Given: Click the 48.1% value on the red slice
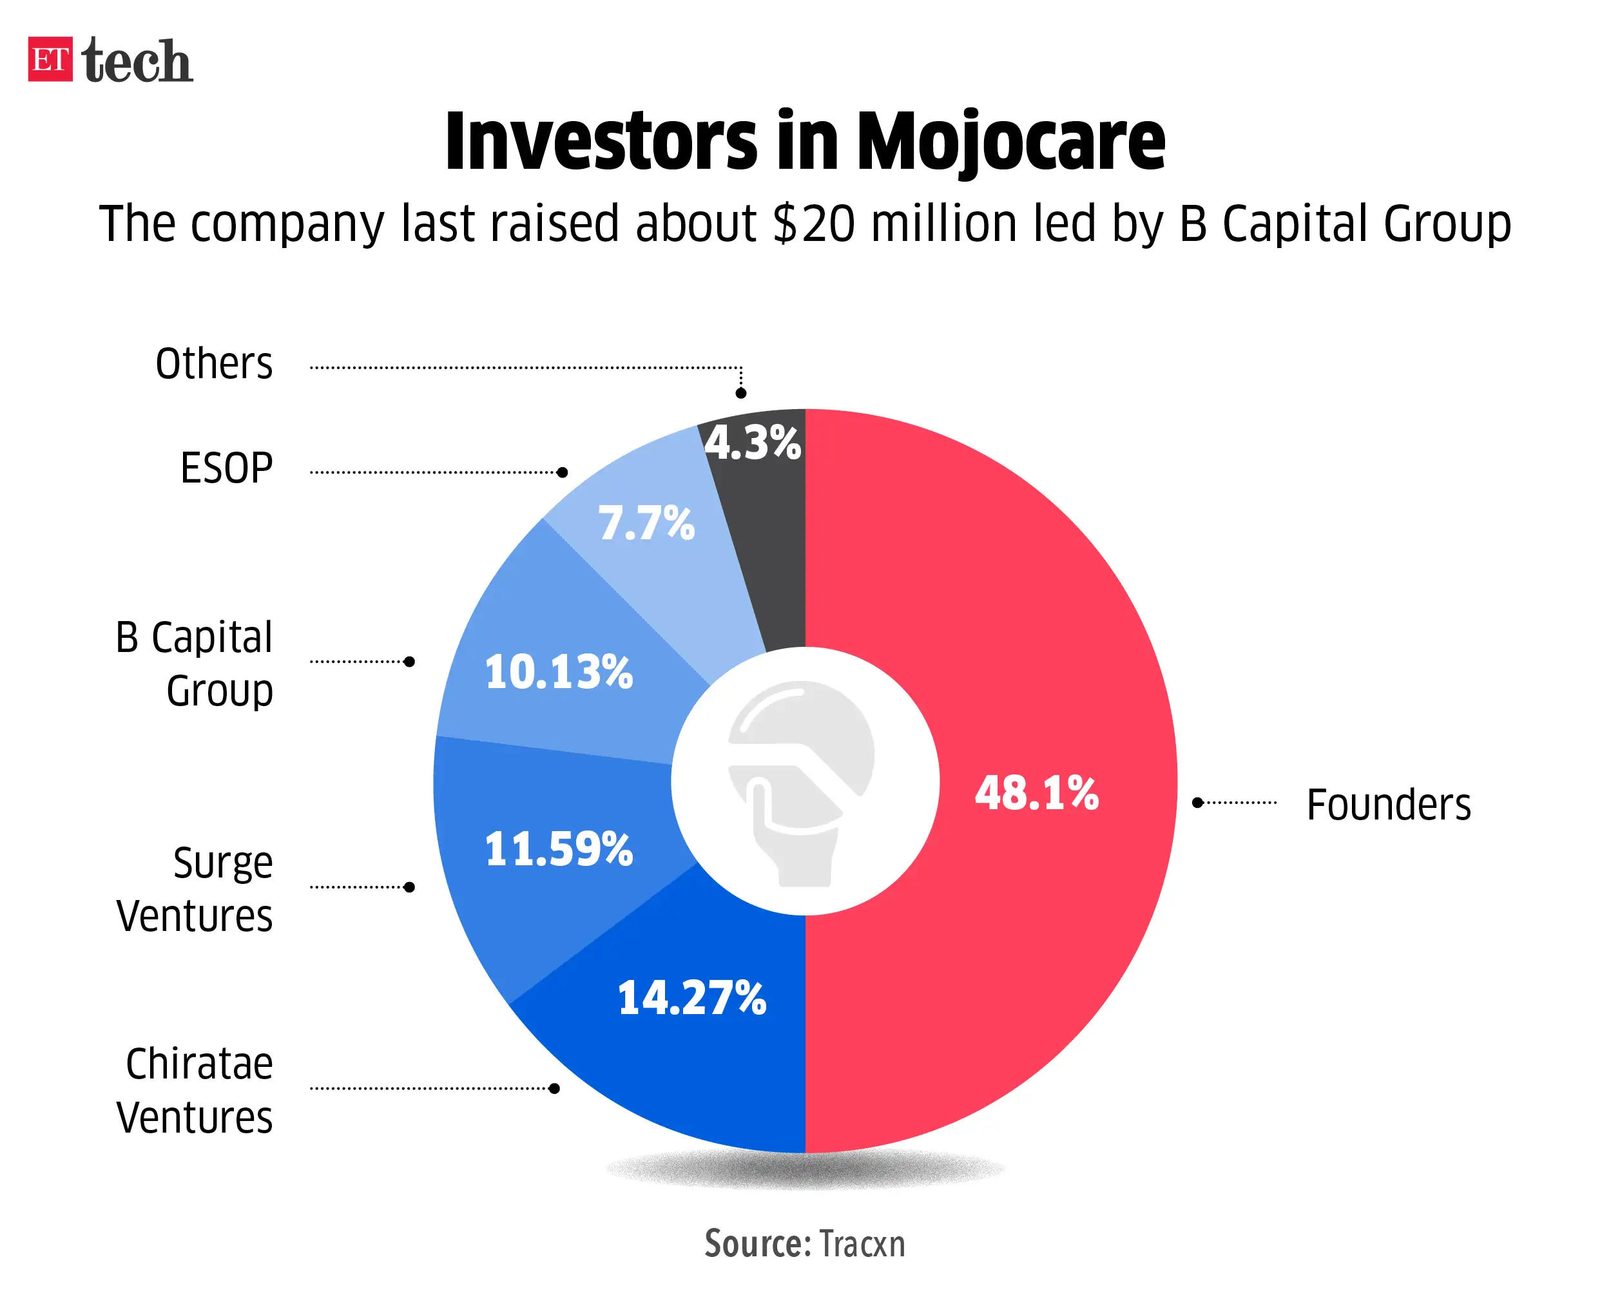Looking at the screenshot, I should tap(1036, 793).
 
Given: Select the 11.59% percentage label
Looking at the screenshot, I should tap(558, 848).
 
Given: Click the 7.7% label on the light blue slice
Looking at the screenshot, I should tap(646, 522).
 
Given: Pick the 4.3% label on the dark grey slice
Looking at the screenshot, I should tap(752, 443).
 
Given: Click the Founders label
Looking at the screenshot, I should tap(1388, 804).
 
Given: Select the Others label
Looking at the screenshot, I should tap(214, 364).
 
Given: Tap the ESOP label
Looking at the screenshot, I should tap(226, 468).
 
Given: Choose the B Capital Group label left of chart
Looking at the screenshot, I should tap(195, 664).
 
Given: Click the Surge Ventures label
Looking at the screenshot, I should tap(195, 888).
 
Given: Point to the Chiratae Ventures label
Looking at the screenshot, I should tap(195, 1090).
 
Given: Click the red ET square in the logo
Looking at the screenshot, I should tap(50, 59).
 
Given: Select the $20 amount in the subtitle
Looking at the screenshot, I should tap(815, 224).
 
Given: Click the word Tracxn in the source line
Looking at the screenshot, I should tap(862, 1244).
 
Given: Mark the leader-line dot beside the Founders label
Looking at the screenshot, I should tap(1197, 803).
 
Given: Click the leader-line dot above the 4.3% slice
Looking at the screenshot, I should tap(741, 393).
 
